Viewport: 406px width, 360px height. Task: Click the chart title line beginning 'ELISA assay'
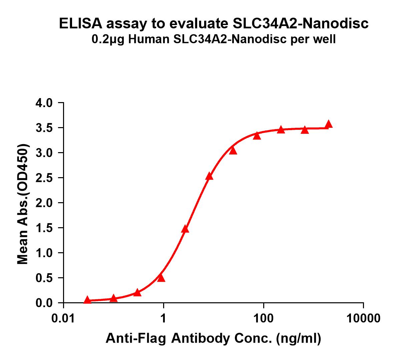pos(214,24)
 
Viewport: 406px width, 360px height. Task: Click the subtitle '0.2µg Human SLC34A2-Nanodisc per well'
pos(214,40)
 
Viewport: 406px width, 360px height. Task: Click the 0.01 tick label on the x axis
pos(63,318)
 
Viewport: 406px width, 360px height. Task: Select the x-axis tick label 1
pos(163,318)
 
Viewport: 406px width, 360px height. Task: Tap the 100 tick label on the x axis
pos(264,318)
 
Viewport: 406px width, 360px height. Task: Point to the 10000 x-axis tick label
pos(363,318)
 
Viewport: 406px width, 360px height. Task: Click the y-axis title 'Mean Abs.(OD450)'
pos(23,204)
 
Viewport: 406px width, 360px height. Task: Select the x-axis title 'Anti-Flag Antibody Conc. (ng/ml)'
pos(214,339)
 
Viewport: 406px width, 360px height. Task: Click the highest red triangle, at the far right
pos(329,124)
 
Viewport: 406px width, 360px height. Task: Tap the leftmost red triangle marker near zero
pos(87,300)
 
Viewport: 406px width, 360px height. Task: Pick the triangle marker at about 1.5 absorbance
pos(185,229)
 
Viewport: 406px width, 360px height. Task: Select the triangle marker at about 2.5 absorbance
pos(209,176)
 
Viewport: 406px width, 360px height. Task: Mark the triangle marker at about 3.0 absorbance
pos(233,151)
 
